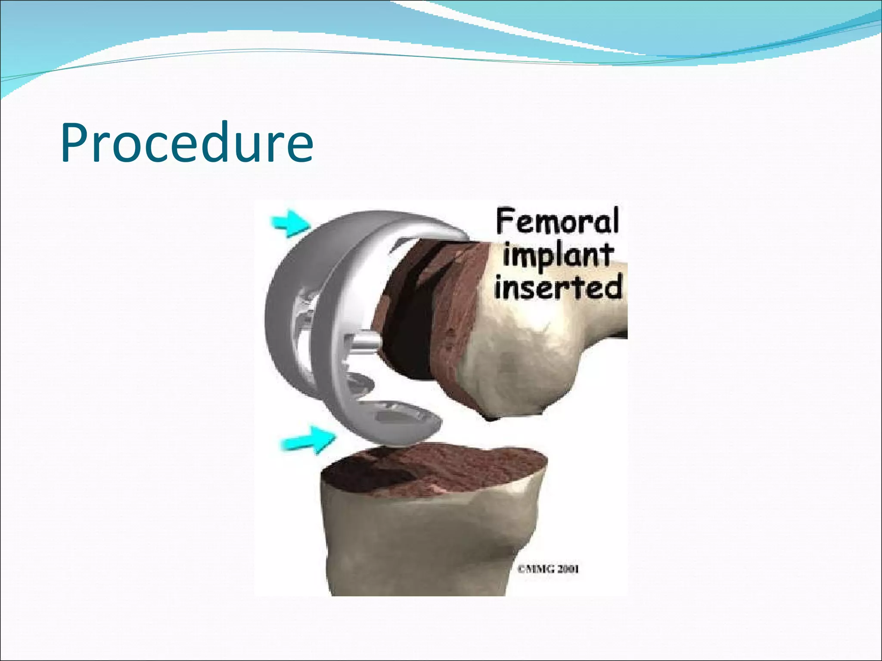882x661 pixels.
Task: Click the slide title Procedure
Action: [x=187, y=143]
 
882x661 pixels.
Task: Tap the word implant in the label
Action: [x=557, y=256]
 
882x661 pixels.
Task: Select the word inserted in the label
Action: [x=558, y=287]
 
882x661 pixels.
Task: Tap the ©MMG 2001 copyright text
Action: [x=548, y=569]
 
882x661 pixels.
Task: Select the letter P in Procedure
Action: [x=77, y=143]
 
